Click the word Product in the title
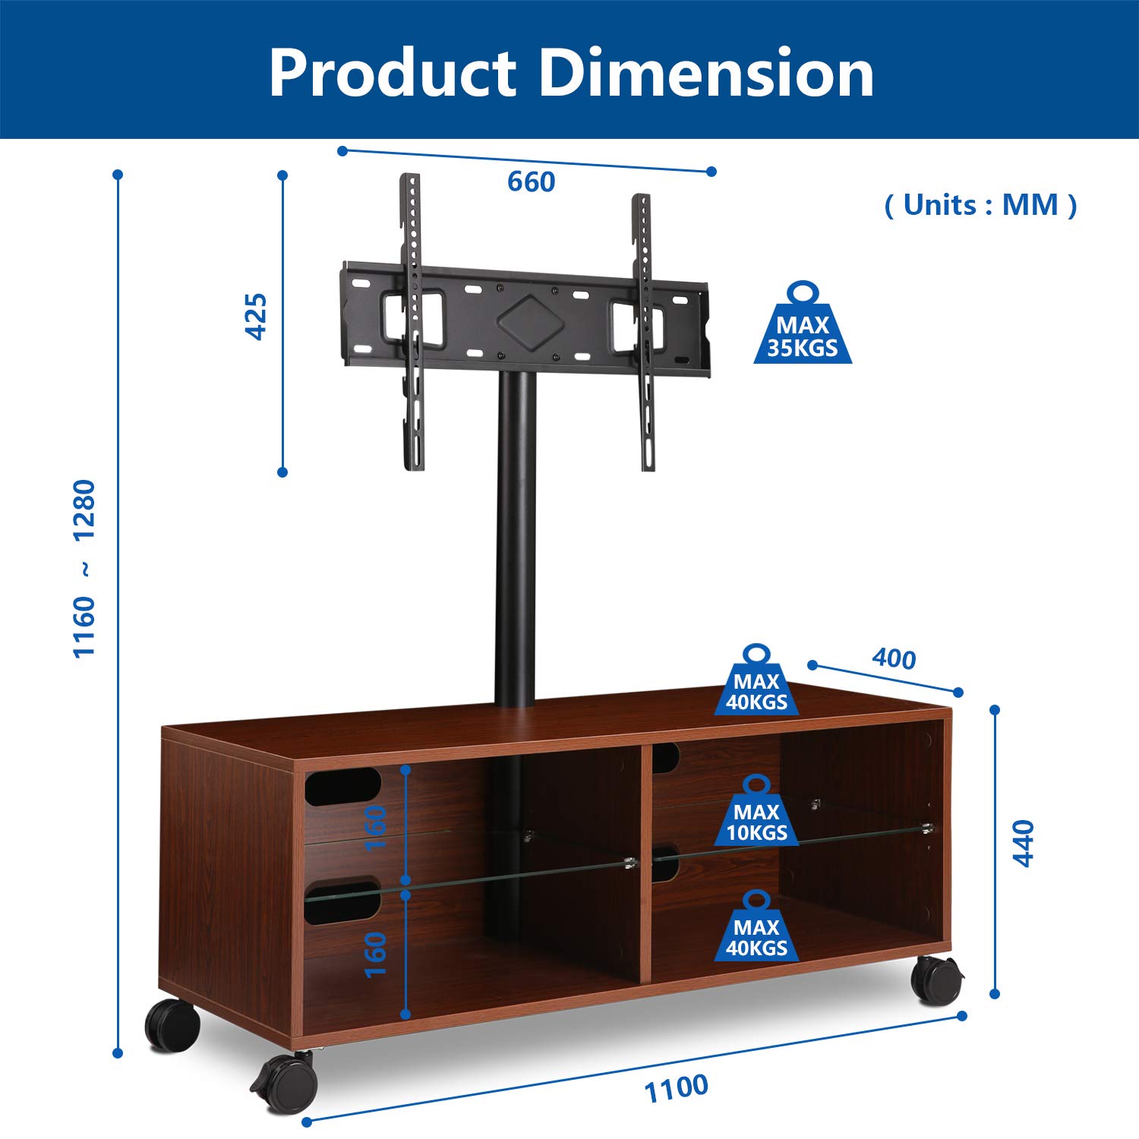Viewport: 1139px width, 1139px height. pyautogui.click(x=393, y=74)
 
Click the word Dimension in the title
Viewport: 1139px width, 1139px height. pyautogui.click(x=706, y=74)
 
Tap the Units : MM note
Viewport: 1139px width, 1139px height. pyautogui.click(x=980, y=205)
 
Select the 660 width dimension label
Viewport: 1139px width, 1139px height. pyautogui.click(x=531, y=182)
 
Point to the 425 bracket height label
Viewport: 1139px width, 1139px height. pyautogui.click(x=257, y=317)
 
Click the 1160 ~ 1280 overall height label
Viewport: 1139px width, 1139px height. pyautogui.click(x=84, y=568)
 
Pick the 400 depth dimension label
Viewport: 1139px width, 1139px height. pyautogui.click(x=894, y=658)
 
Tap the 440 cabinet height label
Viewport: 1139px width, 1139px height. pyautogui.click(x=1024, y=843)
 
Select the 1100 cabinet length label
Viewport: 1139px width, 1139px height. pyautogui.click(x=676, y=1088)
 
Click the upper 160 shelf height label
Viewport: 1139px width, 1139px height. pyautogui.click(x=376, y=828)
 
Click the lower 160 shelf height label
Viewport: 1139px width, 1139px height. pyautogui.click(x=376, y=954)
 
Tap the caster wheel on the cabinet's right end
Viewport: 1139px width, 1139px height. pyautogui.click(x=936, y=980)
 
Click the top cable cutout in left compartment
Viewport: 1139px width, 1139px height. pyautogui.click(x=342, y=786)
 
